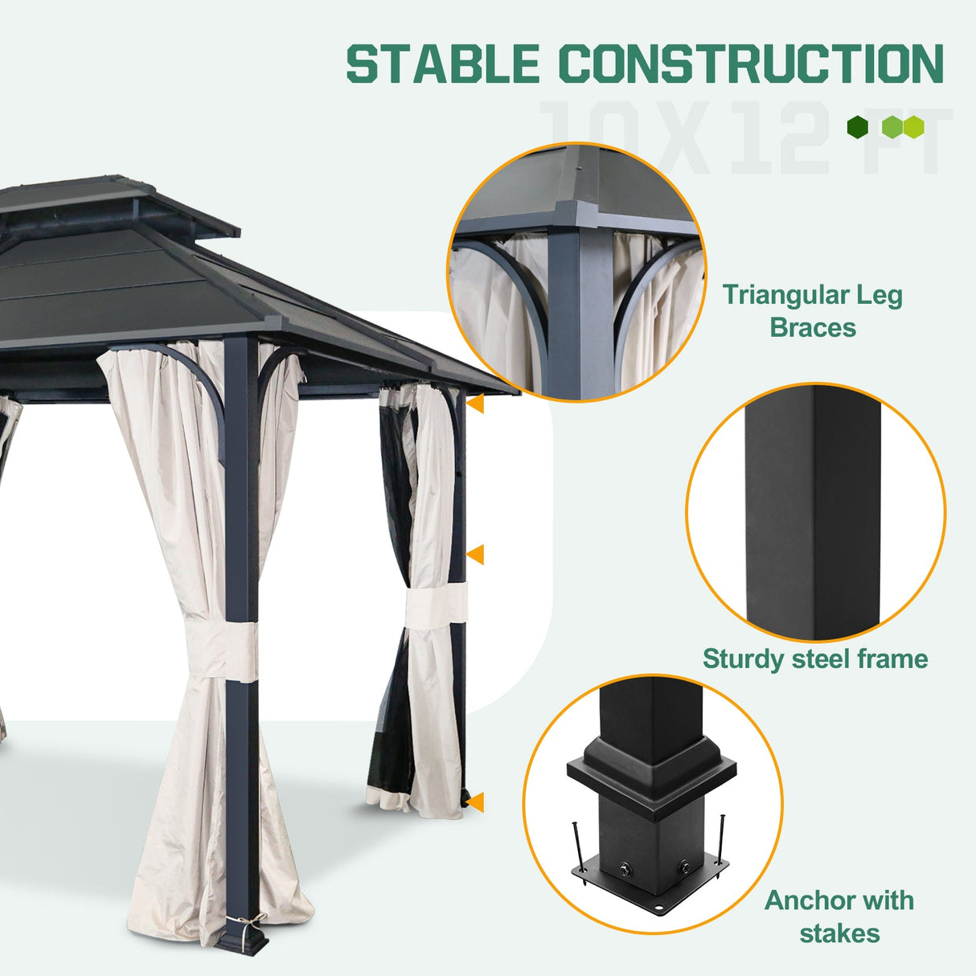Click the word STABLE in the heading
(442, 64)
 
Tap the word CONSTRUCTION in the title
(751, 64)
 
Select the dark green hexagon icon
(858, 127)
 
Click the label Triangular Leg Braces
(812, 311)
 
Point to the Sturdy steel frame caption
(814, 659)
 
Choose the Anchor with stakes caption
(839, 917)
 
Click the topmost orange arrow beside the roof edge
(476, 404)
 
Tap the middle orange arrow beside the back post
(476, 554)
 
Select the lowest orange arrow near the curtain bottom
(476, 802)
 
